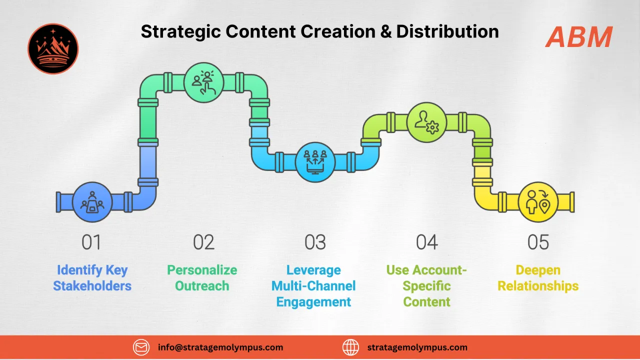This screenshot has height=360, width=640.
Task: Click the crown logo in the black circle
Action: click(x=53, y=48)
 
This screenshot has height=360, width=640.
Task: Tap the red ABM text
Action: click(x=579, y=37)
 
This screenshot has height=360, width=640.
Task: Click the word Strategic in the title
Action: click(x=180, y=31)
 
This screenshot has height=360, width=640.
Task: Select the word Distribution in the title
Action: click(x=447, y=31)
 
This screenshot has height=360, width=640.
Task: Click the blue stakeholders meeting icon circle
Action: click(x=92, y=202)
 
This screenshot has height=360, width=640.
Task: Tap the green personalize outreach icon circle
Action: click(x=203, y=82)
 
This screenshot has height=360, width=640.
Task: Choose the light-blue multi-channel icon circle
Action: click(x=315, y=162)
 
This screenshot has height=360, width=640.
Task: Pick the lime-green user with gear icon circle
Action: click(x=427, y=122)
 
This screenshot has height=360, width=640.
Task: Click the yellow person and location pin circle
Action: click(x=538, y=202)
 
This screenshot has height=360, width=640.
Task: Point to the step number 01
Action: click(x=91, y=242)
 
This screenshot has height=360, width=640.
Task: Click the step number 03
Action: click(x=315, y=242)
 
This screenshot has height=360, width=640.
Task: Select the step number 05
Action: click(x=538, y=242)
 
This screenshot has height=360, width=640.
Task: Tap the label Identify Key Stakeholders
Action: click(x=92, y=278)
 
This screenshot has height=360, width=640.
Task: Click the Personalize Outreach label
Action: click(x=202, y=278)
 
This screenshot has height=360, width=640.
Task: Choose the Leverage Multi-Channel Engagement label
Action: click(x=313, y=286)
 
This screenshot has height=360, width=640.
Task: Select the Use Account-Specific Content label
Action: click(x=426, y=286)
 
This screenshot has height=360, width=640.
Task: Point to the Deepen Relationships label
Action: click(x=538, y=278)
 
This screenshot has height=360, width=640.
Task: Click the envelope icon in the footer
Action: click(x=141, y=347)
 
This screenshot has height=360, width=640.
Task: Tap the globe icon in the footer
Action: click(x=351, y=347)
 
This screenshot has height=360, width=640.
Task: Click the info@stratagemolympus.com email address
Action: click(x=220, y=347)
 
